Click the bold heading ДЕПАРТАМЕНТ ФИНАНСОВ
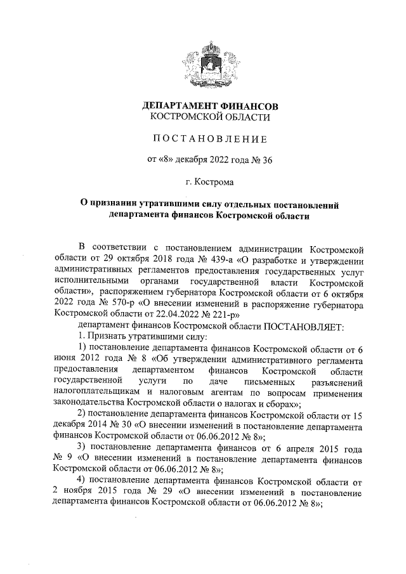point(210,105)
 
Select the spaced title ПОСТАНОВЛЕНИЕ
point(209,138)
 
